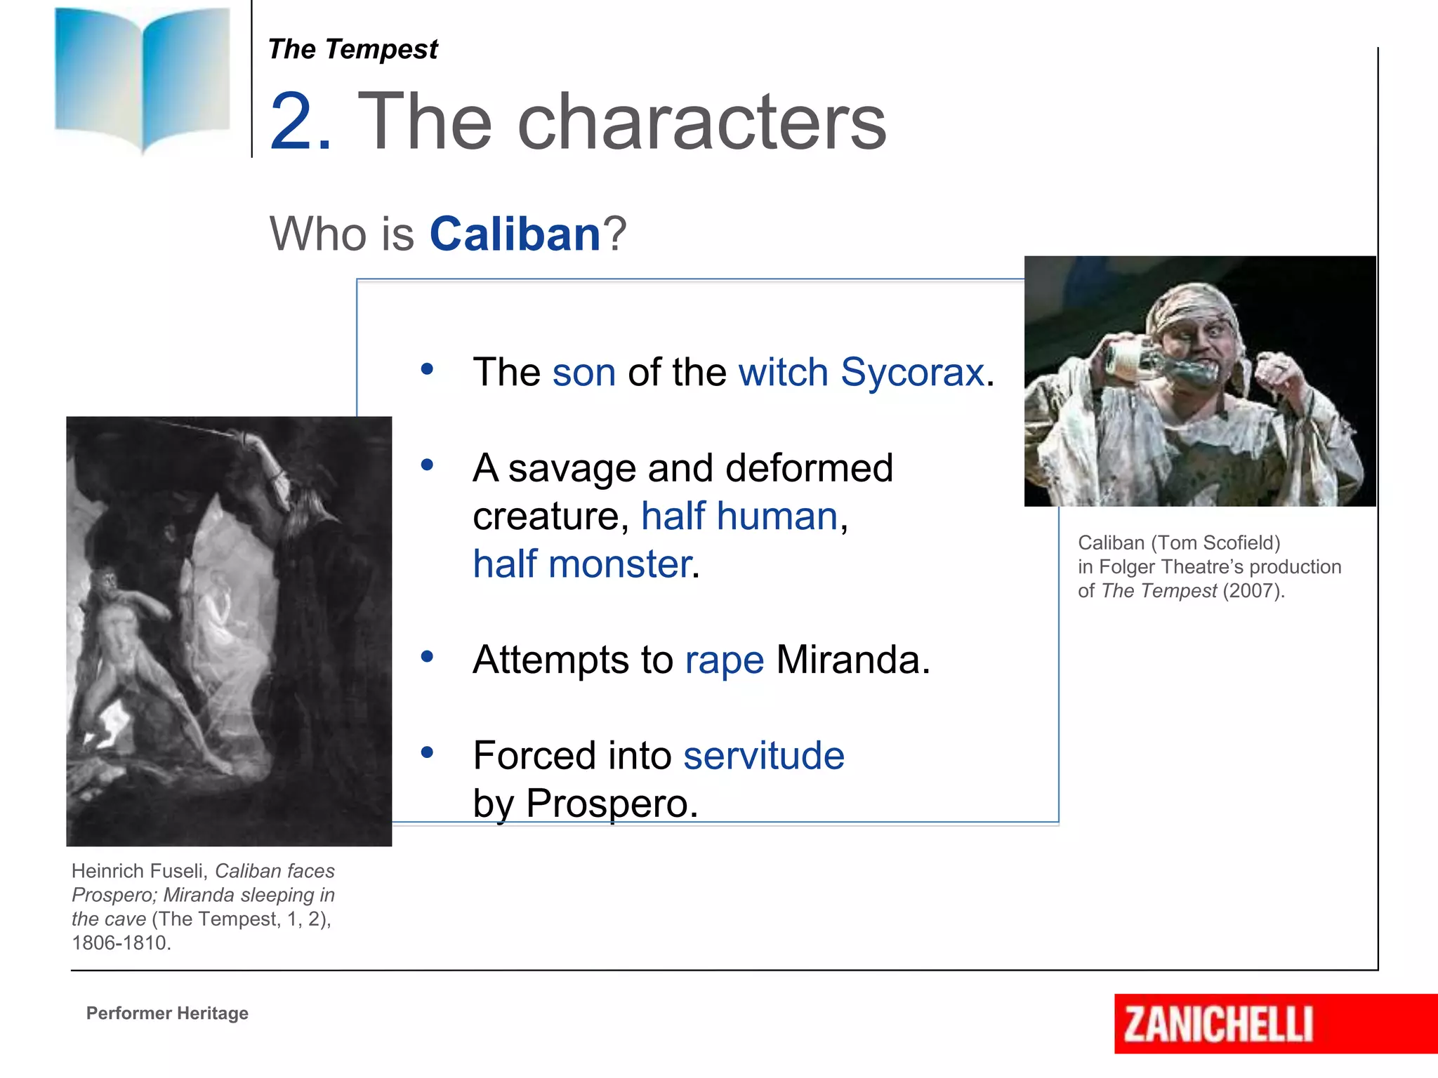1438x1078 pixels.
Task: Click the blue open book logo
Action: click(x=143, y=77)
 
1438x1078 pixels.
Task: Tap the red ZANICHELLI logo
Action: click(x=1219, y=1024)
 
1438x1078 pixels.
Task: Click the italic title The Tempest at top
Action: click(x=352, y=49)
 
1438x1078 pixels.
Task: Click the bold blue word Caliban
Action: click(x=515, y=234)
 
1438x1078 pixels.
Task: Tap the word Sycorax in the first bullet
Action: click(x=912, y=372)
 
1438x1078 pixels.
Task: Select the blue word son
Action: click(x=583, y=372)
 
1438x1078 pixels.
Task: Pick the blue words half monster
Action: click(x=582, y=564)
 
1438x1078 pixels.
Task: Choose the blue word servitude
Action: click(x=763, y=756)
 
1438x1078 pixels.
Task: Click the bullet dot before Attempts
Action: click(x=427, y=657)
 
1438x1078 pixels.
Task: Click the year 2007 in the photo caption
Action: click(x=1253, y=591)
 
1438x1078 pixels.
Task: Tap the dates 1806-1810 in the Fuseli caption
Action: click(x=120, y=943)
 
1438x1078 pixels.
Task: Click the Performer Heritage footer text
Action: click(x=167, y=1013)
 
